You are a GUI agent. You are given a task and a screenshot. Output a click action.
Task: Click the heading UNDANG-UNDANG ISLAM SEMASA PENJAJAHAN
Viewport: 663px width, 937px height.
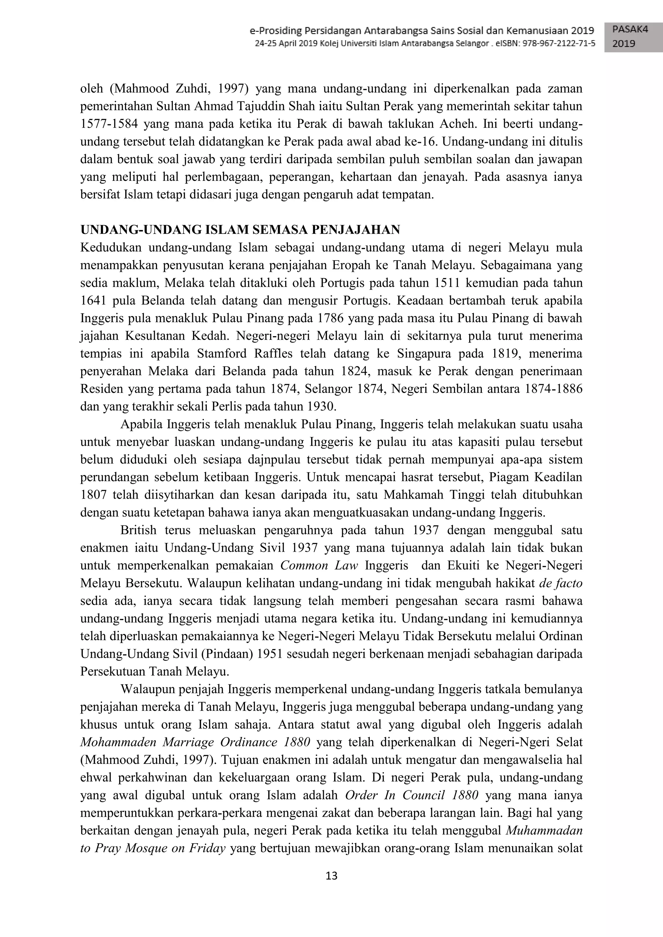tap(240, 230)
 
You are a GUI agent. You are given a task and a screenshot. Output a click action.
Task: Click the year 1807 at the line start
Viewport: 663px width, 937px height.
tap(94, 495)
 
